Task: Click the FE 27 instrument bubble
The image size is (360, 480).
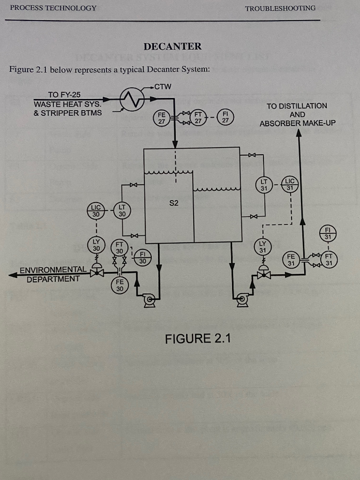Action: (x=161, y=117)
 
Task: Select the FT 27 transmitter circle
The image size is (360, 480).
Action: (x=198, y=117)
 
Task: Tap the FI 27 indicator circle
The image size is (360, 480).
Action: (x=225, y=117)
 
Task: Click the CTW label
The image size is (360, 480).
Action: (x=163, y=87)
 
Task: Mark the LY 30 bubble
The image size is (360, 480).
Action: (x=96, y=245)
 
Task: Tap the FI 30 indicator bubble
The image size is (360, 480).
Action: (x=143, y=257)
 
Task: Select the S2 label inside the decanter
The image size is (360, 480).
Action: (x=173, y=203)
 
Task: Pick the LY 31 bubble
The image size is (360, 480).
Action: (x=262, y=247)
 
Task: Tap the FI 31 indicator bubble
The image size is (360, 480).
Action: (x=328, y=232)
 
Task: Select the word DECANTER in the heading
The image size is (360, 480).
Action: (x=172, y=46)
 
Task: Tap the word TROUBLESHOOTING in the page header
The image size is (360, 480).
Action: (x=280, y=8)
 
